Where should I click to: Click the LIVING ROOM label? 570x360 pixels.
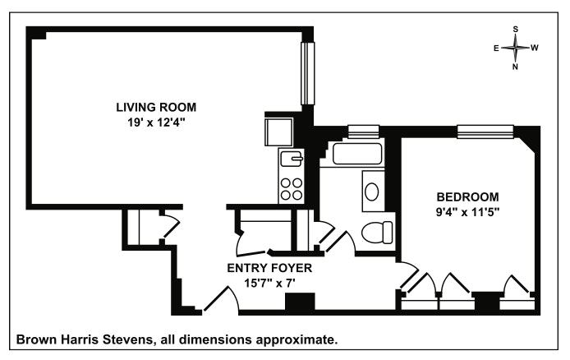(156, 108)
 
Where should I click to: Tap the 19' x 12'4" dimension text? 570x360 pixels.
(156, 122)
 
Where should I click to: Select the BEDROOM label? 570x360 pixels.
(467, 197)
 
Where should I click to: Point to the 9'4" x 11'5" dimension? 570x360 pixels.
(468, 212)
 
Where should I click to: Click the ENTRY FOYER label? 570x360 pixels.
(269, 268)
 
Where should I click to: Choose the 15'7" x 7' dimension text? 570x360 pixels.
(269, 283)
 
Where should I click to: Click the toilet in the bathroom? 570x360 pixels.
(377, 233)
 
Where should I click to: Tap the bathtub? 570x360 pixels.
(357, 154)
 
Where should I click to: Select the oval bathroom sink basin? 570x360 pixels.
(372, 192)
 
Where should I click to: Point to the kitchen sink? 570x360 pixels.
(292, 158)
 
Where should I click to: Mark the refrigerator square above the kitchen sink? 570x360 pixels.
(278, 132)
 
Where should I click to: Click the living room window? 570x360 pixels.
(307, 73)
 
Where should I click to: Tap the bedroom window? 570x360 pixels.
(485, 132)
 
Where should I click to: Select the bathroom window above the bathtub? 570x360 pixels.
(364, 132)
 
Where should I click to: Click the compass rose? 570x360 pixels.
(516, 48)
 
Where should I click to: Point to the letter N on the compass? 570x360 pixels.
(515, 67)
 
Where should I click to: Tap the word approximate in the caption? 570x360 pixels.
(296, 341)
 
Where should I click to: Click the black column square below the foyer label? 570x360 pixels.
(300, 301)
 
